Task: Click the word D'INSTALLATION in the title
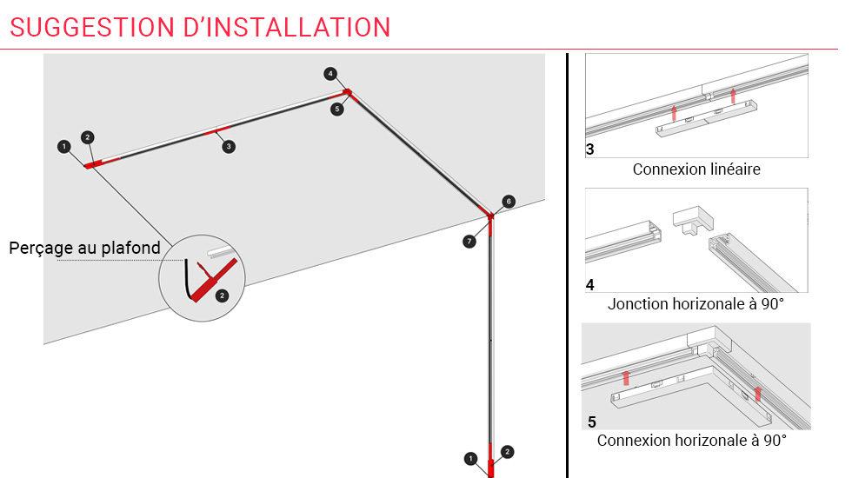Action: coord(288,27)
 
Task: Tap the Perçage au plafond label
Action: coord(84,249)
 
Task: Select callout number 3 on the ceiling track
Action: coord(229,147)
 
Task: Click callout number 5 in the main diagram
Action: coord(337,110)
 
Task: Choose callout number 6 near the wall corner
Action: coord(509,201)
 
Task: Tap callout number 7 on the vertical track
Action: coord(469,241)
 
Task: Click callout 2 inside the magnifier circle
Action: coord(222,295)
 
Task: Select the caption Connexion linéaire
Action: coord(696,169)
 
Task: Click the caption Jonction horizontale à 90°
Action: coord(696,304)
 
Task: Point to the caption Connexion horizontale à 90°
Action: coord(691,441)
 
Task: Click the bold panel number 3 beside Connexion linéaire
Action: coord(590,149)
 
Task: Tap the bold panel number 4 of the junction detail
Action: coord(590,284)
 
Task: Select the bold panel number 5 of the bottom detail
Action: coord(592,422)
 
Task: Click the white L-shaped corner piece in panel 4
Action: coord(692,218)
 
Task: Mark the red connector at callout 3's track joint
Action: coord(218,132)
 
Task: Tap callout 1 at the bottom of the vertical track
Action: coord(470,458)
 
